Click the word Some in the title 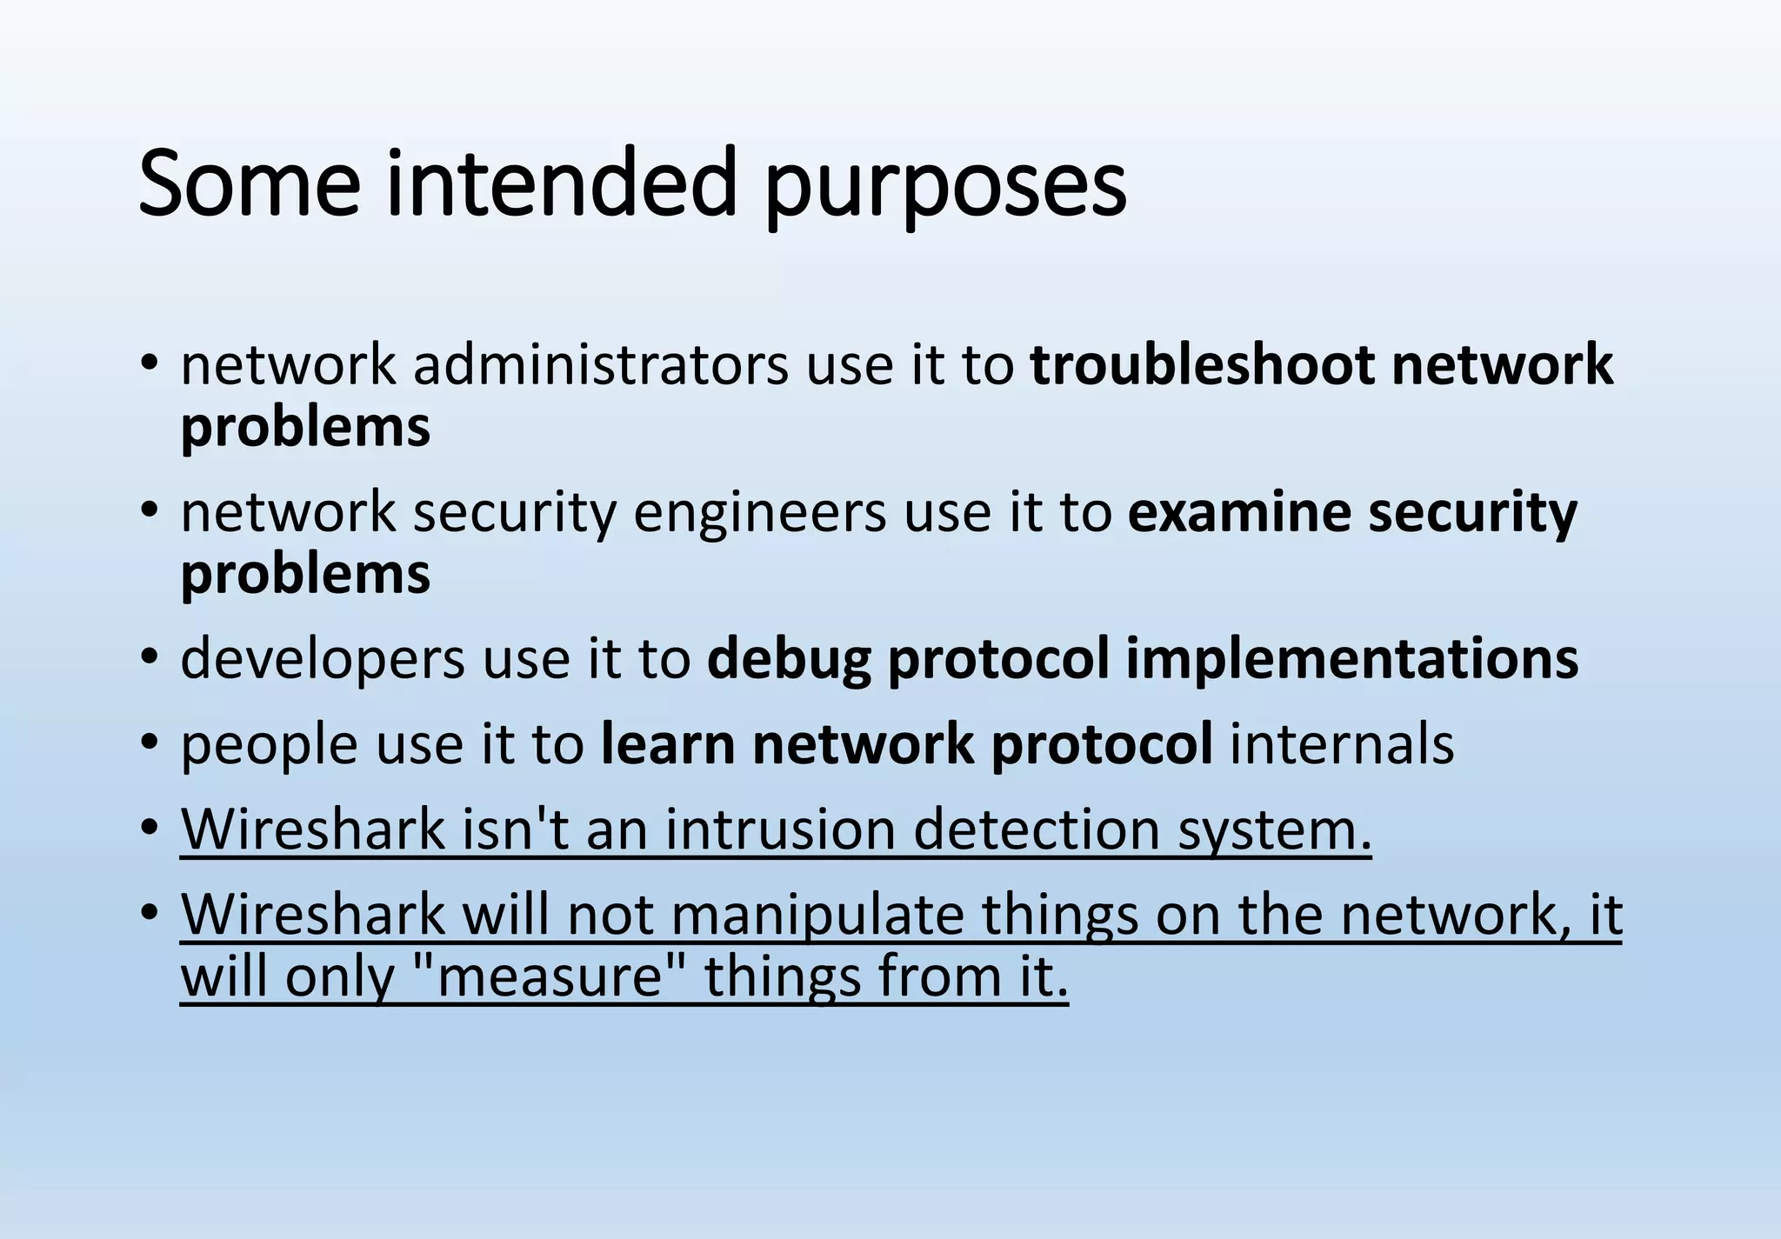tap(249, 184)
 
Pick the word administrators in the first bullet tap(600, 364)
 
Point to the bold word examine tap(1238, 512)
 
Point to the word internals tap(1342, 744)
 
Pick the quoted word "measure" tap(547, 976)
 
